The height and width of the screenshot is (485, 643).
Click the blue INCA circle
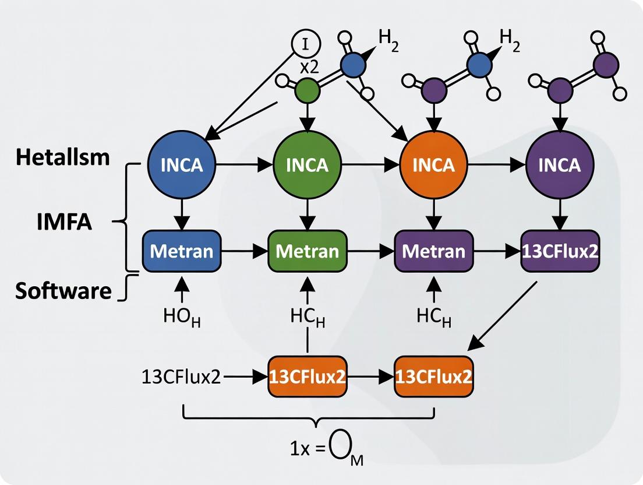tap(182, 165)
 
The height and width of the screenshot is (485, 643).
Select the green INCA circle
tap(307, 165)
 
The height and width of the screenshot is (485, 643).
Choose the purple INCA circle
tap(560, 165)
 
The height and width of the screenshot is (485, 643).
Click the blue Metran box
tap(182, 251)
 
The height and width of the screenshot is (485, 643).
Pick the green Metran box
tap(307, 251)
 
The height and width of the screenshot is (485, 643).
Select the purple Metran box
tap(434, 251)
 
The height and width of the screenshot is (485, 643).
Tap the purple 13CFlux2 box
tap(560, 251)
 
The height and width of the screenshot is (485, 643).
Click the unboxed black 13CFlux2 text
tap(181, 377)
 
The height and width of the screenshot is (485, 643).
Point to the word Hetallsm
tap(63, 157)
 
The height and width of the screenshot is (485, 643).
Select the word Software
tap(63, 290)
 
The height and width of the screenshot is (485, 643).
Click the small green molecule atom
tap(307, 90)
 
